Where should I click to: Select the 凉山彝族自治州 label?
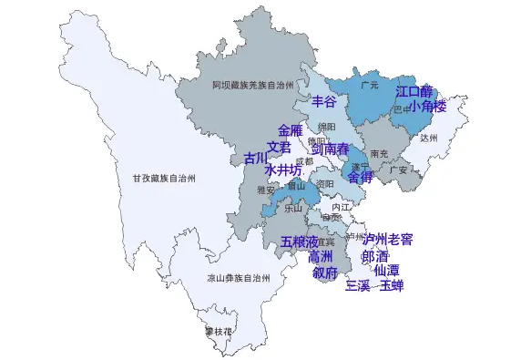238,278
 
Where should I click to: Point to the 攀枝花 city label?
219,331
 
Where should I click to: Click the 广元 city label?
369,85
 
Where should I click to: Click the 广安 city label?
398,170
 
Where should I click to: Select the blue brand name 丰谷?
324,100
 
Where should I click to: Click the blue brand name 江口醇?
414,92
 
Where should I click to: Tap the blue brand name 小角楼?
427,107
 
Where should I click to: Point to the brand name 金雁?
291,131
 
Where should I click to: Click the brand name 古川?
256,159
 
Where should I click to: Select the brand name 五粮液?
299,242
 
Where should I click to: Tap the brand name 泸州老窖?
387,240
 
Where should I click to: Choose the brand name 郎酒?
374,256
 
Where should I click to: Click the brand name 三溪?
357,286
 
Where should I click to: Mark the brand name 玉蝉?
392,286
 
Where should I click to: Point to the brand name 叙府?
325,273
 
